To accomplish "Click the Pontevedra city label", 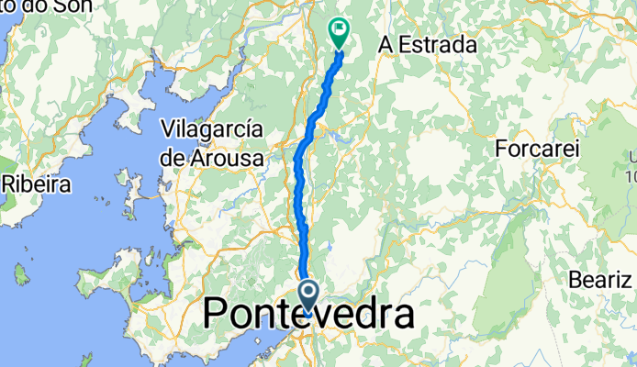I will (x=307, y=315).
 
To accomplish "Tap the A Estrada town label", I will (x=428, y=44).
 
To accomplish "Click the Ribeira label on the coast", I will (x=37, y=183).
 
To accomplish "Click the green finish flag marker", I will (x=340, y=33).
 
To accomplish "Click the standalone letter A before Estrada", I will (x=386, y=44).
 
